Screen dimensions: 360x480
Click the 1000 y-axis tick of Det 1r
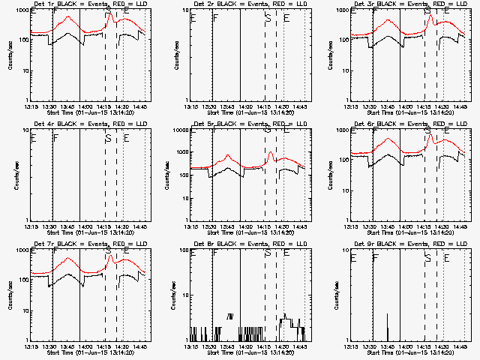click(19, 11)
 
